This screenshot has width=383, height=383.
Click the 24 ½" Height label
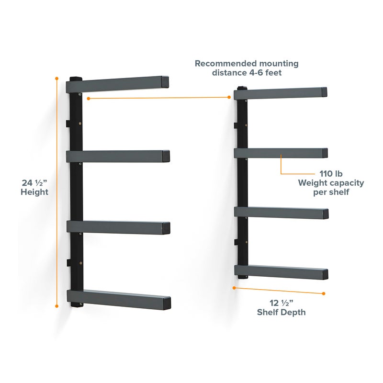click(x=34, y=187)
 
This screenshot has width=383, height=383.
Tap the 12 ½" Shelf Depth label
click(x=282, y=307)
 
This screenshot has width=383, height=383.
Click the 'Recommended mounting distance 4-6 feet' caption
click(x=247, y=68)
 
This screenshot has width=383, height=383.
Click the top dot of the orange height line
click(x=57, y=78)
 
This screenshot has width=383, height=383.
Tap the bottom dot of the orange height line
click(x=57, y=305)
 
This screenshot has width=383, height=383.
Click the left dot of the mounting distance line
click(x=88, y=99)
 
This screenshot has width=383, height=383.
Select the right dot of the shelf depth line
click(x=324, y=293)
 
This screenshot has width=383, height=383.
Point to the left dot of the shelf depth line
click(x=234, y=288)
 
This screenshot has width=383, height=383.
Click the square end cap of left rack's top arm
click(x=165, y=82)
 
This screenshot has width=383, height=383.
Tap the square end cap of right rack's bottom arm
click(x=322, y=274)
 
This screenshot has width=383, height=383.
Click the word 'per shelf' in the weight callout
click(x=331, y=192)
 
